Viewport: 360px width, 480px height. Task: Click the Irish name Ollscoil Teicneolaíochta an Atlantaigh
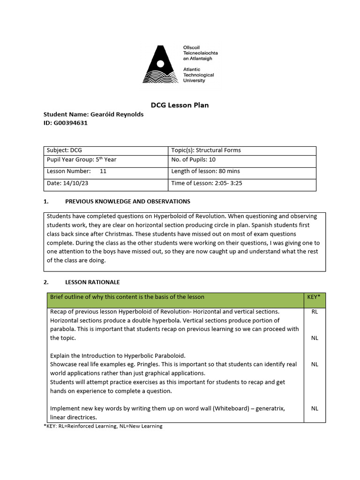tap(200, 52)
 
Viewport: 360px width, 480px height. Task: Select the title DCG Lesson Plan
tap(180, 105)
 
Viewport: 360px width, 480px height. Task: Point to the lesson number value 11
tap(103, 172)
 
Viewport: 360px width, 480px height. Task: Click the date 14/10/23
tap(70, 183)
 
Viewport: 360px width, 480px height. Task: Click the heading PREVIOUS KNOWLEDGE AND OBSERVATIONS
tap(127, 201)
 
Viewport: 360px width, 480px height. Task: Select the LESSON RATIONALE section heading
tap(92, 282)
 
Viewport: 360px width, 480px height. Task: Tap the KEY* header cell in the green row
tap(315, 297)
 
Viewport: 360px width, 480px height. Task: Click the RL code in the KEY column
tap(315, 312)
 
